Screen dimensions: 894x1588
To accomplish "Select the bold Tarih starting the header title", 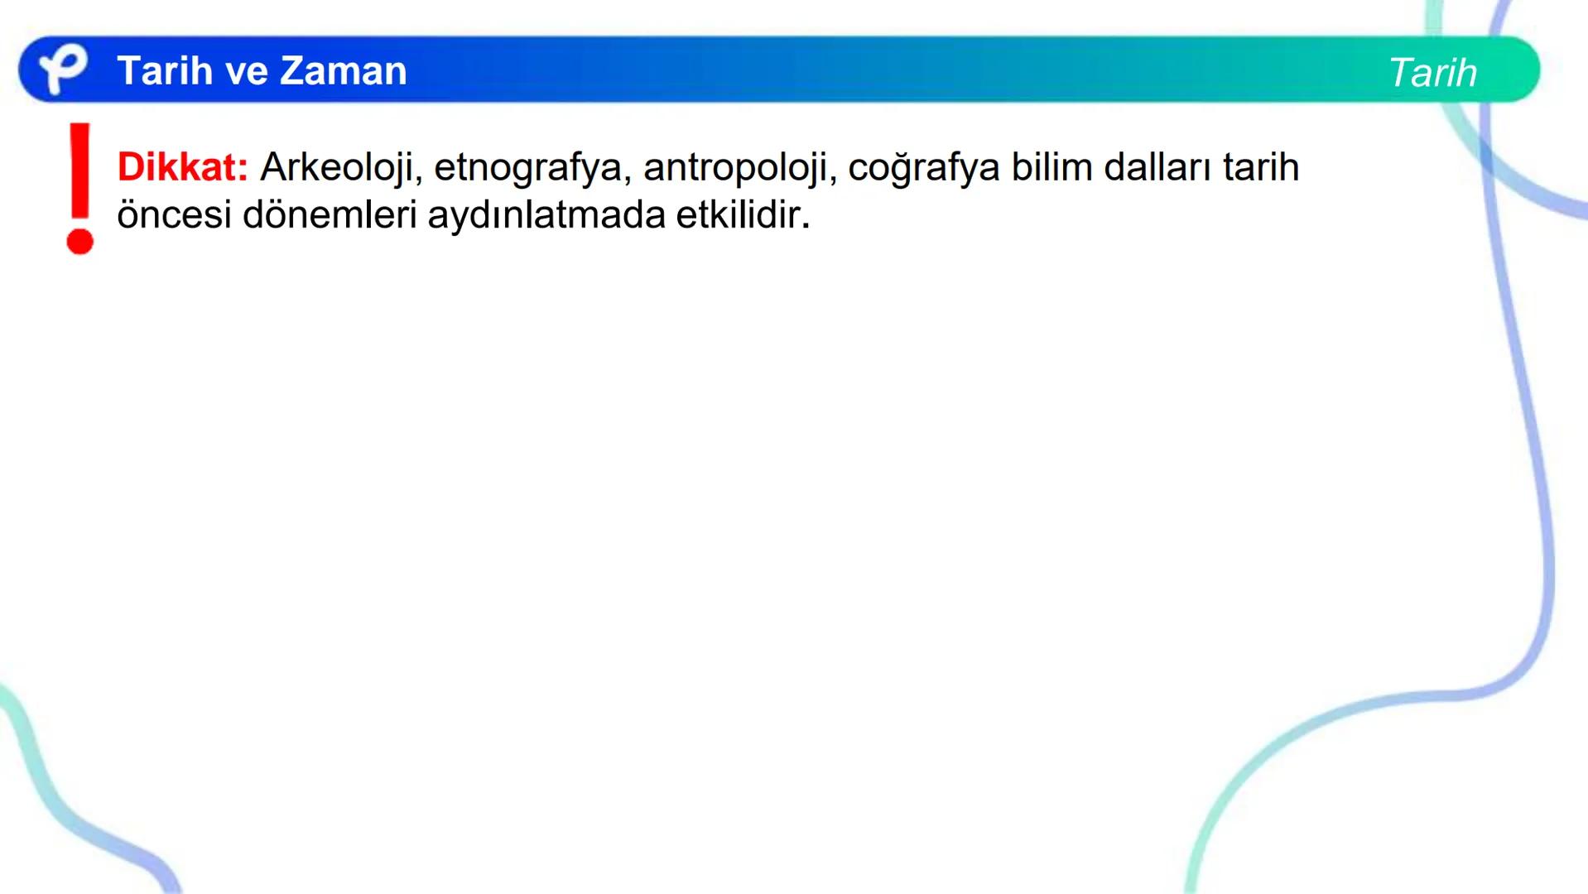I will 165,70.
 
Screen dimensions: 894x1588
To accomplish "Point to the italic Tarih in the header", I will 1432,73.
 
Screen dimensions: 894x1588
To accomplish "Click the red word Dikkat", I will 182,167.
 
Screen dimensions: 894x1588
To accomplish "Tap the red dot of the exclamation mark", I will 80,242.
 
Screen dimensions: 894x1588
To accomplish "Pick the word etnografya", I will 527,168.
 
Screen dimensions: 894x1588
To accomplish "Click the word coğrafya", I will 923,168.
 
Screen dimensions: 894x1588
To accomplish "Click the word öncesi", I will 174,215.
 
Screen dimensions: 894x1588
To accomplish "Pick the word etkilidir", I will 737,215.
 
